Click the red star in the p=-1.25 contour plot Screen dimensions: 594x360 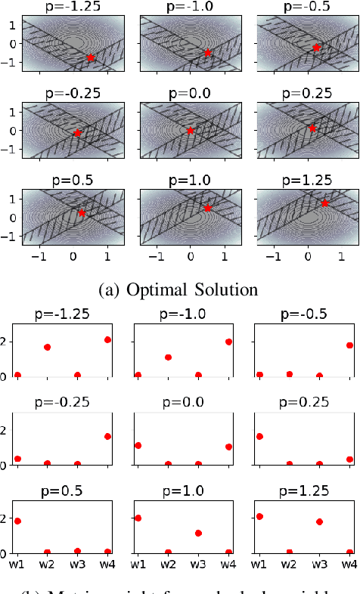pos(91,57)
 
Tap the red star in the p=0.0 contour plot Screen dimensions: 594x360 pos(191,131)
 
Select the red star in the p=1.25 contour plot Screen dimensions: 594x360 pos(324,203)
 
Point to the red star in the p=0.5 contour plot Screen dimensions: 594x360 pos(82,212)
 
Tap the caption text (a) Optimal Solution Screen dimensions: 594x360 pos(179,289)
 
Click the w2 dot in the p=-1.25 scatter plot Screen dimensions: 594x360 pos(48,348)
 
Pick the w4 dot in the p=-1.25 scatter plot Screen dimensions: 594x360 pos(107,340)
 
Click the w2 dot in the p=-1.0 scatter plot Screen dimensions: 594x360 pos(168,357)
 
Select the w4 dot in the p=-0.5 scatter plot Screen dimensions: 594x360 pos(349,345)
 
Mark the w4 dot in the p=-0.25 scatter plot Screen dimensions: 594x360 pos(107,436)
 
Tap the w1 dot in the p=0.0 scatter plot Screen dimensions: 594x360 pos(138,446)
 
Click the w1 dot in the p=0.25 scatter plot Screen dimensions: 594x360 pos(259,436)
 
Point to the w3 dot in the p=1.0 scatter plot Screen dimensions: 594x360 pos(197,533)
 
